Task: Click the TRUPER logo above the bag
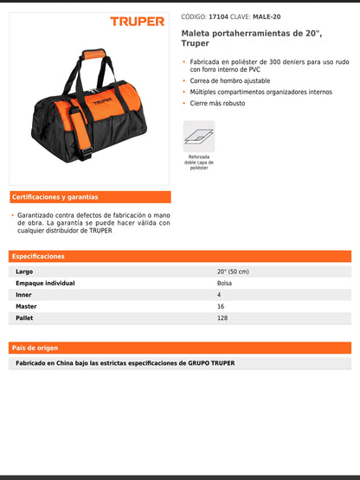click(x=136, y=21)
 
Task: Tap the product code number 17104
click(x=220, y=16)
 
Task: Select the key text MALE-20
click(x=267, y=16)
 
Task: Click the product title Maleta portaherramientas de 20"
click(x=237, y=32)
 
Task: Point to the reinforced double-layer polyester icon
click(x=198, y=136)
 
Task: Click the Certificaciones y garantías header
click(x=55, y=196)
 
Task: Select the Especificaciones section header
click(x=39, y=256)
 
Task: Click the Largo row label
click(x=24, y=272)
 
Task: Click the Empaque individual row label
click(x=45, y=283)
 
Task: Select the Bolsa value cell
click(x=225, y=283)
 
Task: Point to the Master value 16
click(x=221, y=306)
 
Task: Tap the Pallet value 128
click(x=222, y=318)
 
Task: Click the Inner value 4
click(x=219, y=295)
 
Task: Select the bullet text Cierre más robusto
click(x=217, y=103)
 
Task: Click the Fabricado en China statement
click(x=125, y=363)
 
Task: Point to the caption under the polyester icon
click(x=198, y=162)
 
